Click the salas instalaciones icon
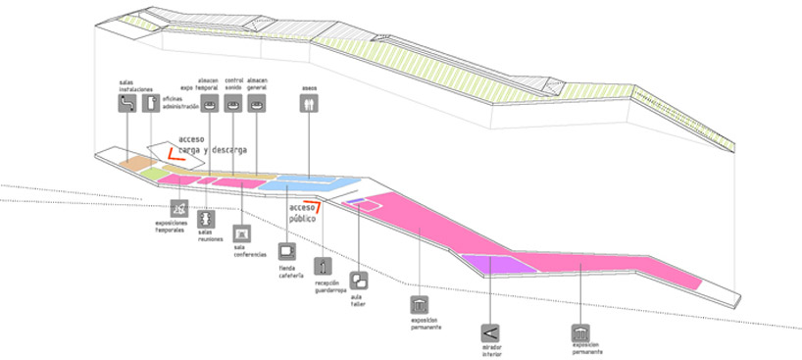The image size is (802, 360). [126, 103]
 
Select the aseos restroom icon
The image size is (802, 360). [309, 103]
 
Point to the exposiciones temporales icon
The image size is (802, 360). [178, 209]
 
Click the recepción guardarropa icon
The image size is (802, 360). [323, 266]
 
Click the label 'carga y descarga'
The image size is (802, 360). [207, 151]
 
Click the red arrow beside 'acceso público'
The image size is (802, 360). [318, 203]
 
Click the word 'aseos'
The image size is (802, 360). [309, 87]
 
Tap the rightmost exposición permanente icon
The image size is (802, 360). [581, 333]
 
